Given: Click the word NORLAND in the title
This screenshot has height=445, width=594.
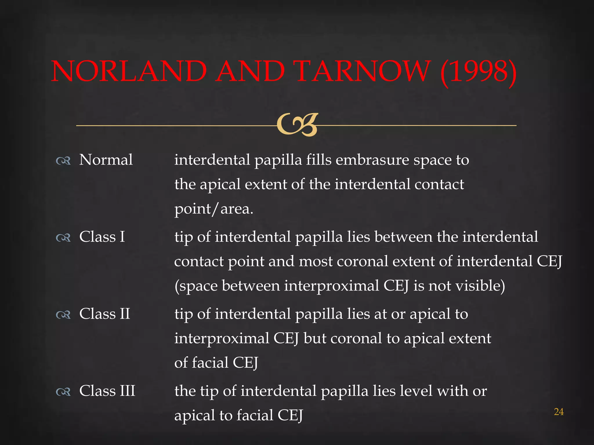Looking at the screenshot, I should [129, 71].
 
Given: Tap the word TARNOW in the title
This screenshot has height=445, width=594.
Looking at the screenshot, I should [362, 71].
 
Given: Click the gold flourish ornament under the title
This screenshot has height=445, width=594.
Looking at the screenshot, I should [297, 125].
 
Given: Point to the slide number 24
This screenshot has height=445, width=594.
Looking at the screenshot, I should [559, 412].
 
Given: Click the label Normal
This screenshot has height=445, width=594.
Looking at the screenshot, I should [106, 160].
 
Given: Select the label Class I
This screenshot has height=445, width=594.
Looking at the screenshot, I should [102, 237].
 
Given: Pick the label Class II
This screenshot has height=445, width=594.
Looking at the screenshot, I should [105, 314].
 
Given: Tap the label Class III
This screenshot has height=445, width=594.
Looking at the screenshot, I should [107, 391].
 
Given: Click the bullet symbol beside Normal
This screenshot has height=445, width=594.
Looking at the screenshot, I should [63, 161].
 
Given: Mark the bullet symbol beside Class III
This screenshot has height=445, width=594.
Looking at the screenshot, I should [63, 392].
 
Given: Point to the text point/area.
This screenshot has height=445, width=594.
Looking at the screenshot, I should [214, 209].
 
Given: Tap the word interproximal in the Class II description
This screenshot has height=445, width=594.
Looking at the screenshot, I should [222, 338].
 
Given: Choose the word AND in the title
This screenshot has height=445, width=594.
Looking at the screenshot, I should [251, 71].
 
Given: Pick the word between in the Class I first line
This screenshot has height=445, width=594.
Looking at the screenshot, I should [403, 237].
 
